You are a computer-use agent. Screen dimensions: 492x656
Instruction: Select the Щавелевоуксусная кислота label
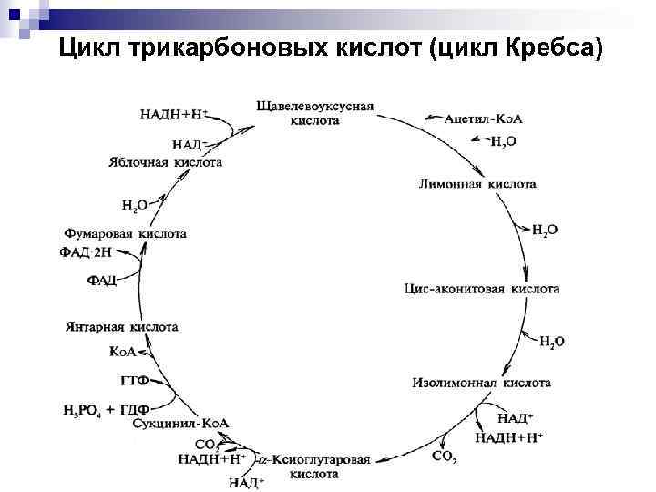tap(315, 112)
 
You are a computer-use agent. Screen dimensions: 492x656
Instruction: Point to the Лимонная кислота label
tap(477, 184)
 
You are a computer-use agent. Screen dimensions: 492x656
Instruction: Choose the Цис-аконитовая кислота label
tap(481, 289)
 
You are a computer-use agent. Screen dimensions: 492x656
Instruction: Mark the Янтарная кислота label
tap(122, 326)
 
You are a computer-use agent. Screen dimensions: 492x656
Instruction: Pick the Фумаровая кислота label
tap(127, 233)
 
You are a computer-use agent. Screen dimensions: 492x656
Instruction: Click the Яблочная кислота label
tap(165, 161)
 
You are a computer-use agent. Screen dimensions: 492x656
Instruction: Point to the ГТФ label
tap(134, 379)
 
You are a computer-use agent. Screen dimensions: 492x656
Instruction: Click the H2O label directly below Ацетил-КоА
tap(504, 141)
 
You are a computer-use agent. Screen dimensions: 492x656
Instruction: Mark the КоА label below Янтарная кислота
tap(122, 351)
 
